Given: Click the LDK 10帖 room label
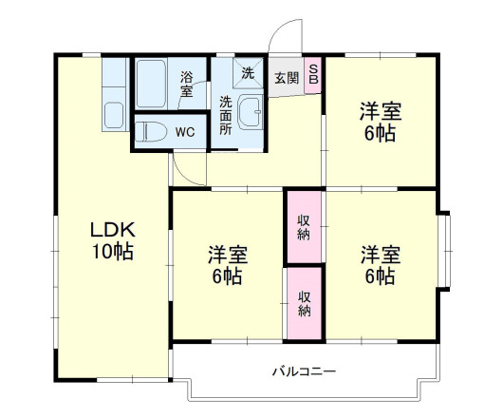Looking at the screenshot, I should click(112, 240).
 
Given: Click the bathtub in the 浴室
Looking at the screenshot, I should click(156, 86).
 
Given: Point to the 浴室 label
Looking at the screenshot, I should click(187, 85).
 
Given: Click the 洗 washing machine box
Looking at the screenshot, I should click(247, 73).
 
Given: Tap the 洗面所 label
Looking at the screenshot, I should click(227, 114).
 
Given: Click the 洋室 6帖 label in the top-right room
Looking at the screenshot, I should click(380, 120).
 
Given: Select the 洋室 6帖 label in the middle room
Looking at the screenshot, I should click(229, 265).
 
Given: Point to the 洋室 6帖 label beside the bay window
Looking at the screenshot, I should click(380, 265).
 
